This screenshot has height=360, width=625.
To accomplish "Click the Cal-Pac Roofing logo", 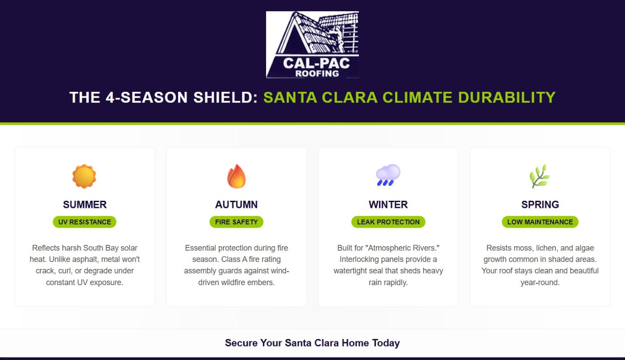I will (x=312, y=45).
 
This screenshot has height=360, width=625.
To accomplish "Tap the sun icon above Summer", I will (x=84, y=176).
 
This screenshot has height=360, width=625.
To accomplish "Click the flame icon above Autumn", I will (x=236, y=176).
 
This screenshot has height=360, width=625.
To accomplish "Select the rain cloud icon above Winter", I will (x=388, y=175).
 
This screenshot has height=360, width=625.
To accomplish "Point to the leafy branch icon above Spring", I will (x=540, y=176).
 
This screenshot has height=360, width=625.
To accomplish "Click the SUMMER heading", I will (x=84, y=205).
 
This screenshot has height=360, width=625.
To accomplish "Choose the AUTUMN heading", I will (x=236, y=205).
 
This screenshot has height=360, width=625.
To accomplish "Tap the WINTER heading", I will (x=388, y=205).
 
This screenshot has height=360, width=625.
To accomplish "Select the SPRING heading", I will (x=540, y=205).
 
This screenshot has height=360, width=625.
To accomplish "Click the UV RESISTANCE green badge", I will (x=84, y=222).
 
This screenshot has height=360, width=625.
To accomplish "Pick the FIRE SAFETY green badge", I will (x=236, y=222).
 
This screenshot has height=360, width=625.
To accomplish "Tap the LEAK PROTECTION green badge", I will (x=388, y=222).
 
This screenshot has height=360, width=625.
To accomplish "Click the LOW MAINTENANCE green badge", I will (x=540, y=222).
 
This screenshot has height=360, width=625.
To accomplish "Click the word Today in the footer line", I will (x=386, y=343).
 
